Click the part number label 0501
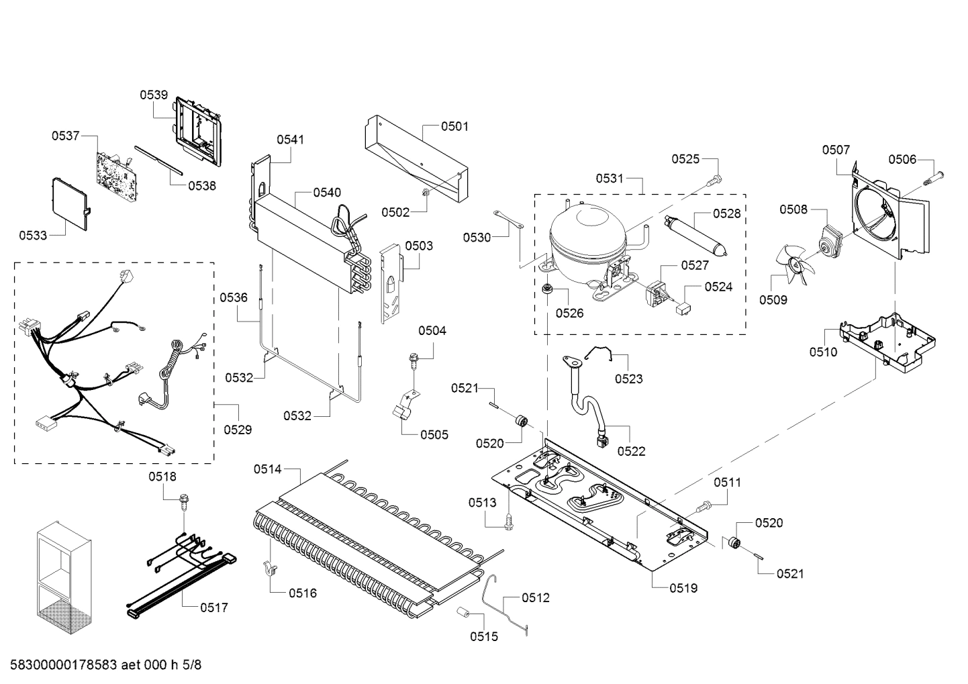[454, 126]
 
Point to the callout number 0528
[727, 213]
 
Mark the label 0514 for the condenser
[267, 469]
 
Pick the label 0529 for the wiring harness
[238, 429]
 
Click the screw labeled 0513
[510, 520]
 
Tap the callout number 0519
[683, 588]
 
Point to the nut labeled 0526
[548, 291]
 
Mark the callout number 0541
[290, 140]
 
